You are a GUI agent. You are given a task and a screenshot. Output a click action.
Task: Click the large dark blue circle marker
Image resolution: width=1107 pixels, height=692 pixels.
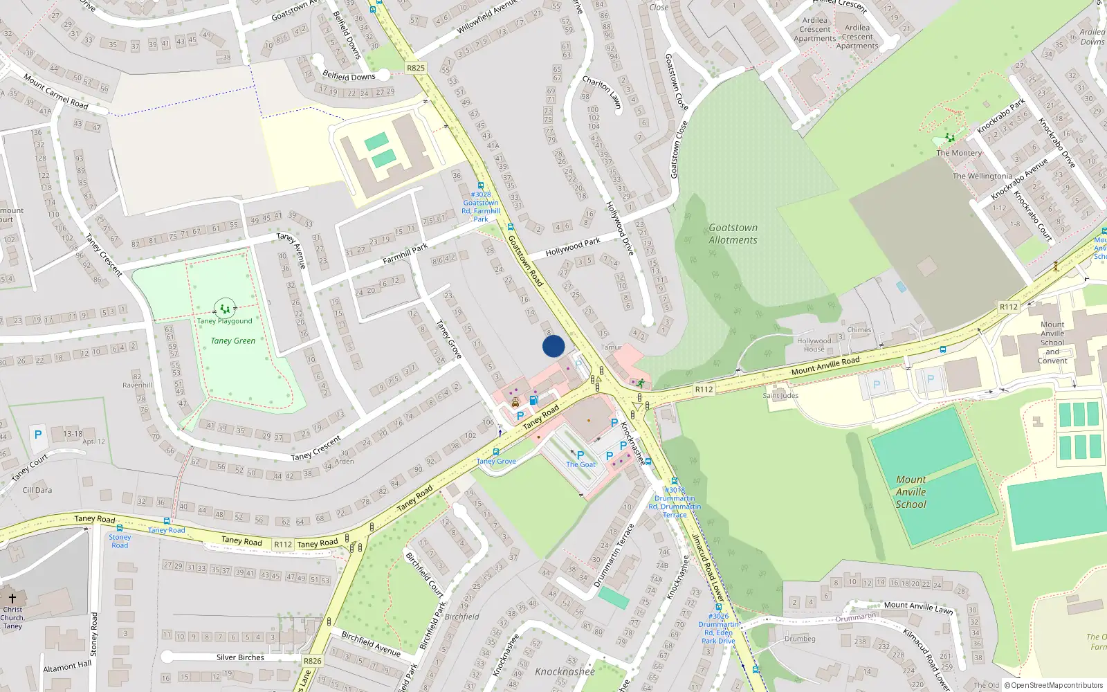pyautogui.click(x=553, y=346)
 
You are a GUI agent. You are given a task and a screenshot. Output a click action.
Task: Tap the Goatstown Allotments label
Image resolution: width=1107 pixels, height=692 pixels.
pyautogui.click(x=733, y=234)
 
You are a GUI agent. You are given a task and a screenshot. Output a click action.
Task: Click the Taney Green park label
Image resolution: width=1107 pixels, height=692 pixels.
pyautogui.click(x=233, y=340)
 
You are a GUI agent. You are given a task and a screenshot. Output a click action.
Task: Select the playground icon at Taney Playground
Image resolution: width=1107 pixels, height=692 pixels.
pyautogui.click(x=225, y=307)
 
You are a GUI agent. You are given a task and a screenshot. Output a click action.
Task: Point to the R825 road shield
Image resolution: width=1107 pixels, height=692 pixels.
pyautogui.click(x=416, y=68)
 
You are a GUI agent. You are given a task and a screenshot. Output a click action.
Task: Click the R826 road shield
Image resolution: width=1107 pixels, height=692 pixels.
pyautogui.click(x=312, y=661)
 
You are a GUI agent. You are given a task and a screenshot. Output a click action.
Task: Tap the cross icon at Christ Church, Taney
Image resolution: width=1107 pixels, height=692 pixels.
pyautogui.click(x=12, y=599)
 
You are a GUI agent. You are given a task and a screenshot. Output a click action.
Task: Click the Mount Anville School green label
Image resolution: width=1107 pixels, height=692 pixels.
pyautogui.click(x=911, y=492)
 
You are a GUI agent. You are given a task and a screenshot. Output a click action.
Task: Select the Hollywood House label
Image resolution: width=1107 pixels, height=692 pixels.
pyautogui.click(x=814, y=345)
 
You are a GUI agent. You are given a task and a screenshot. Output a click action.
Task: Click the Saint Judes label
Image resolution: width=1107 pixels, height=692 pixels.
pyautogui.click(x=780, y=396)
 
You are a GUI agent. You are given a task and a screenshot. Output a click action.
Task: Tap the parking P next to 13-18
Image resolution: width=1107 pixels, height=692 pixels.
pyautogui.click(x=38, y=435)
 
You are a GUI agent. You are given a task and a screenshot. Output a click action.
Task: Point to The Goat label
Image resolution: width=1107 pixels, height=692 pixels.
pyautogui.click(x=580, y=464)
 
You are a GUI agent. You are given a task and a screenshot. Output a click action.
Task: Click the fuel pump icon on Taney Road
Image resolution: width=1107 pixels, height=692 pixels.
pyautogui.click(x=533, y=400)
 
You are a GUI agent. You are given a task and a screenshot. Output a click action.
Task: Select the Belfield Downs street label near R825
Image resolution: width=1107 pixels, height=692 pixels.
pyautogui.click(x=349, y=76)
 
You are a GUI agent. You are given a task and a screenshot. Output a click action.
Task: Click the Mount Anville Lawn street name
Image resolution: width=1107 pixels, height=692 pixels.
pyautogui.click(x=918, y=607)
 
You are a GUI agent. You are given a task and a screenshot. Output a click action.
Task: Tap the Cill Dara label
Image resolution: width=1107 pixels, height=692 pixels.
pyautogui.click(x=37, y=490)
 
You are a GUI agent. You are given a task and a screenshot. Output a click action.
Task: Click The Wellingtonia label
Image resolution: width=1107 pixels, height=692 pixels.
pyautogui.click(x=982, y=176)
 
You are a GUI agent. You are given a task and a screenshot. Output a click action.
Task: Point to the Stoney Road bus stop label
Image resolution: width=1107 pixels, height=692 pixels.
pyautogui.click(x=120, y=541)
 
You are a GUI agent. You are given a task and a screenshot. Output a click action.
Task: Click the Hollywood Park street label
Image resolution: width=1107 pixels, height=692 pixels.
pyautogui.click(x=573, y=246)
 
